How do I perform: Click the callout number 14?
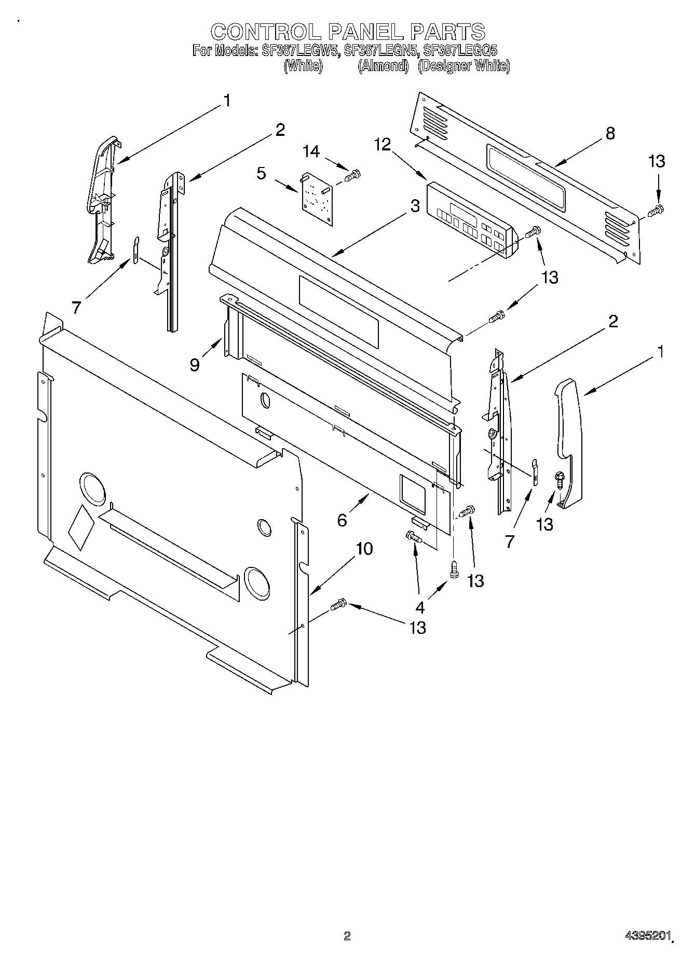[311, 151]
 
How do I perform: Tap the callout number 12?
[383, 145]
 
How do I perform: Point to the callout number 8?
[610, 133]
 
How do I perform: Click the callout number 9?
[195, 365]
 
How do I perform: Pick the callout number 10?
[364, 548]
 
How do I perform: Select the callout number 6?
[342, 520]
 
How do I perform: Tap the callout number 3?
[415, 206]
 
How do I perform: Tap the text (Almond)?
[383, 66]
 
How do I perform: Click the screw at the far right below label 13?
[657, 210]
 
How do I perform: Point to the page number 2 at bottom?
[347, 936]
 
